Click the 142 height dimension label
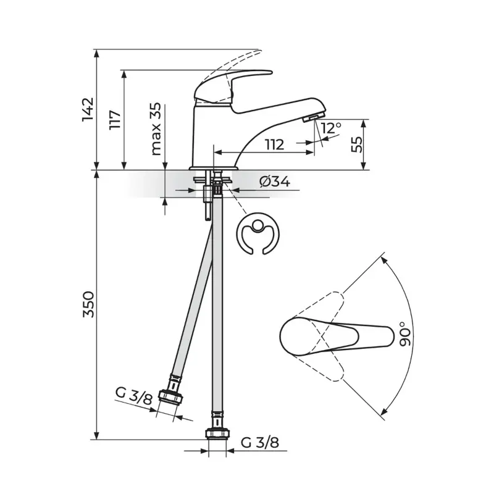(88, 109)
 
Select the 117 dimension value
(115, 120)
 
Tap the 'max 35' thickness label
(156, 129)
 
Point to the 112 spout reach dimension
(274, 144)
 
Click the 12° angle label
(331, 128)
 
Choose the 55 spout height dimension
(357, 144)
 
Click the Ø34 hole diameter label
(275, 182)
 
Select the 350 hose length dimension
(88, 304)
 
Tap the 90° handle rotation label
(406, 334)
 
